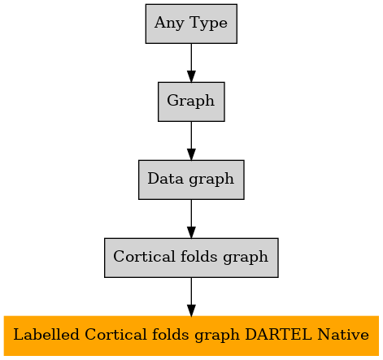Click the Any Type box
(191, 24)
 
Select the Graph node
(191, 102)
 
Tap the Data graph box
(191, 180)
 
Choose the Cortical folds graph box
(191, 258)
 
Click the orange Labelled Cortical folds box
(191, 336)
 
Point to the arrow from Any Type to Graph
(191, 63)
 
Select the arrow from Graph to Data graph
(191, 141)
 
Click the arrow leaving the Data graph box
(191, 219)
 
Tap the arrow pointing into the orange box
(191, 297)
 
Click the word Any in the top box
(169, 24)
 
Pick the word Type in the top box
(209, 24)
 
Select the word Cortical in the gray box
(144, 257)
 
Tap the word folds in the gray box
(198, 256)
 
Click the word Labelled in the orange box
(46, 334)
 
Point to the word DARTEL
(278, 335)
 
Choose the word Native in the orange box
(343, 335)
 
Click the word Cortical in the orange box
(115, 335)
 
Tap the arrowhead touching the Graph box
(191, 76)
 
